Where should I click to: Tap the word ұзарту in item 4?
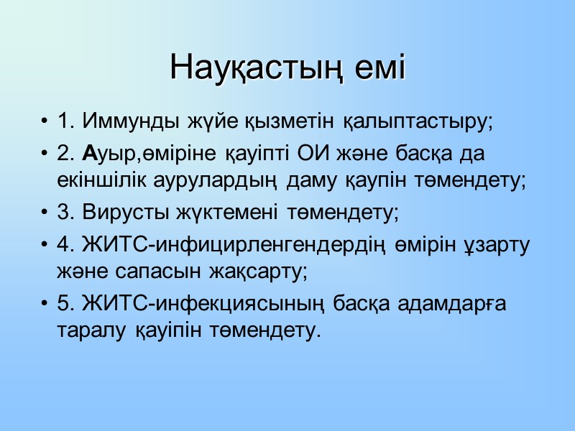point(496,244)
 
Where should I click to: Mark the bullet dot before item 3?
point(46,213)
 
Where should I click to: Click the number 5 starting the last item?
point(63,304)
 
